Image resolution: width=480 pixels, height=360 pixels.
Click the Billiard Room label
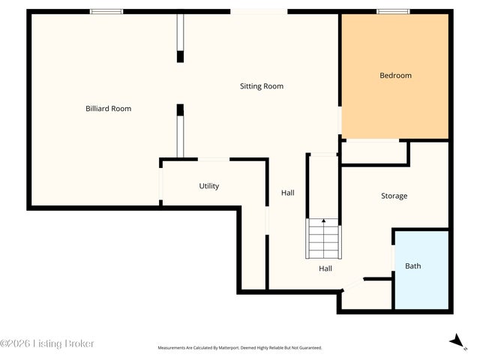(x=108, y=109)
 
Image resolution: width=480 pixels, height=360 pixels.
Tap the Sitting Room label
(x=262, y=86)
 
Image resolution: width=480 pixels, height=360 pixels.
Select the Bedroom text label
(x=395, y=75)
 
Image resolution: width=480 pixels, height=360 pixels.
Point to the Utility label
(x=209, y=186)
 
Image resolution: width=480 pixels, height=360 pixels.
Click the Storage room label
(x=394, y=196)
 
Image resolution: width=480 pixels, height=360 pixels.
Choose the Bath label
(x=413, y=266)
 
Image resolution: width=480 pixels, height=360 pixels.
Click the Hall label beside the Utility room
(x=288, y=193)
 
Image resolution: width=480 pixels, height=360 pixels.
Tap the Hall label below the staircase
(x=325, y=268)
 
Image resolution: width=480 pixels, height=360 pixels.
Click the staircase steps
(x=323, y=238)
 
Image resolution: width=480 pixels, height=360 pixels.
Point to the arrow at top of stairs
(x=323, y=220)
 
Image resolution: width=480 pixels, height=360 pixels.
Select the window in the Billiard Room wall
(x=106, y=12)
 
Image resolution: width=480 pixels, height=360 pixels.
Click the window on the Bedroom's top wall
(x=393, y=12)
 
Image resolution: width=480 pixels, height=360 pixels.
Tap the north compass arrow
(x=457, y=341)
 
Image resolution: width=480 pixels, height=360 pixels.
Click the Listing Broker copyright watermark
(x=46, y=343)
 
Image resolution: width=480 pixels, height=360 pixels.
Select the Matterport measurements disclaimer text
(x=240, y=348)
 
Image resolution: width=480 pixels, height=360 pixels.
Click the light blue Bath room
(x=421, y=270)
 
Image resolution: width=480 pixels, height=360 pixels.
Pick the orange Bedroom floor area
(x=395, y=76)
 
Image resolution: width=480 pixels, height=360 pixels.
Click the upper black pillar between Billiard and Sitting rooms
(x=180, y=57)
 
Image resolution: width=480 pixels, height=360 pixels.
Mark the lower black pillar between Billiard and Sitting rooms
(x=180, y=110)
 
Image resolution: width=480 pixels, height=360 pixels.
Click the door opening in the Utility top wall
(x=214, y=159)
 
